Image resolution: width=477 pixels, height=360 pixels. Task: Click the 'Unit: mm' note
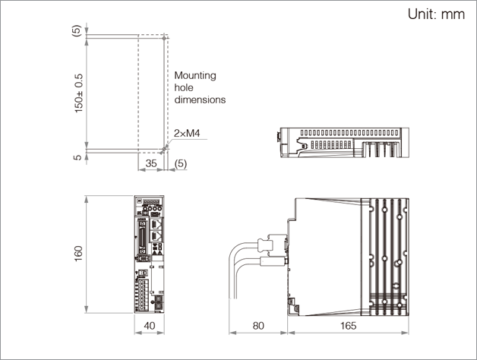click(436, 14)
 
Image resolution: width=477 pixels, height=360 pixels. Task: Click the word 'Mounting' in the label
click(195, 75)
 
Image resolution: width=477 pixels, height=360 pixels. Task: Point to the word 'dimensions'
click(200, 99)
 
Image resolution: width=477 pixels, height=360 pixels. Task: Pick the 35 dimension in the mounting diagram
click(150, 163)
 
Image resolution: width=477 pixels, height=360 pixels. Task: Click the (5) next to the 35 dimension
click(180, 163)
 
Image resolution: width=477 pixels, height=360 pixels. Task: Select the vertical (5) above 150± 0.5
click(76, 31)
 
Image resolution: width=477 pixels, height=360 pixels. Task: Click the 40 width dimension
click(150, 327)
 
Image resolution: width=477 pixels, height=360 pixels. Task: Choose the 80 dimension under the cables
click(258, 327)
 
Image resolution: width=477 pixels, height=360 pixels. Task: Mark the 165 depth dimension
click(348, 327)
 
